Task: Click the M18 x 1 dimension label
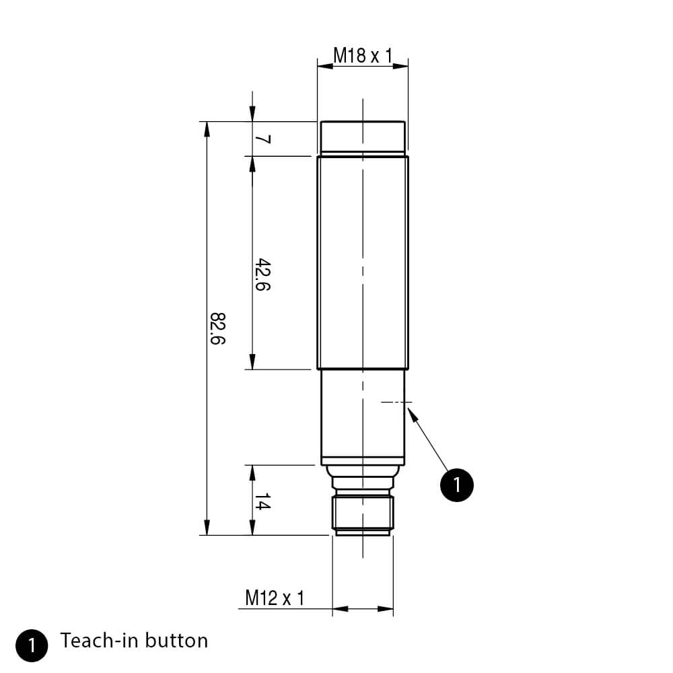coord(363,55)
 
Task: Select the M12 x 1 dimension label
coord(275,598)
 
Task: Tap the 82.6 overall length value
coord(217,328)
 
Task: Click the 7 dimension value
coord(263,139)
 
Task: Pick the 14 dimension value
coord(262,502)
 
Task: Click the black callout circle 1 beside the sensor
coord(457,485)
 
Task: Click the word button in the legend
coord(178,640)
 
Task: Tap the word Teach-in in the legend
coord(100,640)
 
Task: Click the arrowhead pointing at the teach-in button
coord(412,412)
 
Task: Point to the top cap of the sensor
coord(363,138)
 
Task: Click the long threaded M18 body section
coord(363,262)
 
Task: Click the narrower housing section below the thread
coord(363,417)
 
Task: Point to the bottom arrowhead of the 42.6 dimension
coord(252,363)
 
